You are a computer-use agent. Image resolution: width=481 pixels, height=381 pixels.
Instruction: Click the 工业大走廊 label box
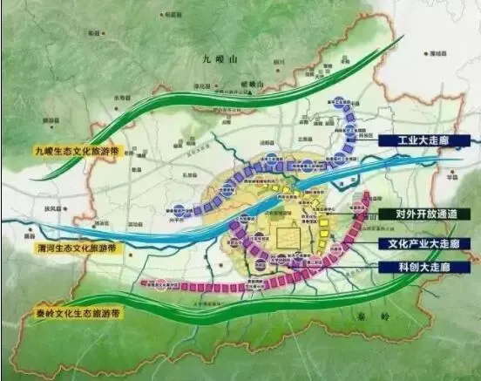coord(428,139)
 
